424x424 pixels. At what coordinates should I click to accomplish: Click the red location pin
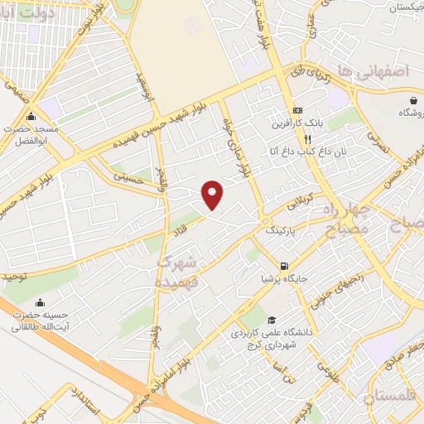tap(214, 195)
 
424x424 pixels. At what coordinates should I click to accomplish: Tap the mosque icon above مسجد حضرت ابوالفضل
tap(31, 115)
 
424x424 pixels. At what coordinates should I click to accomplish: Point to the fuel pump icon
tap(285, 267)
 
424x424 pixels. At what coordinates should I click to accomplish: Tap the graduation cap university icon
tap(271, 320)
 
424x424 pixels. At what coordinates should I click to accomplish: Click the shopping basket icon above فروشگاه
tap(412, 100)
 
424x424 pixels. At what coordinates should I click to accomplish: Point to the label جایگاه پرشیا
tap(285, 279)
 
